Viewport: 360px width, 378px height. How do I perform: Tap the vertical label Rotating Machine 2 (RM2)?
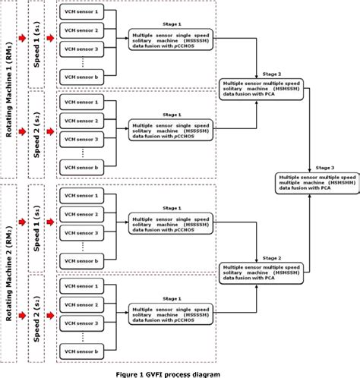[10, 275]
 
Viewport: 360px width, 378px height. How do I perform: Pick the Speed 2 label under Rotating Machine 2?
[37, 320]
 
